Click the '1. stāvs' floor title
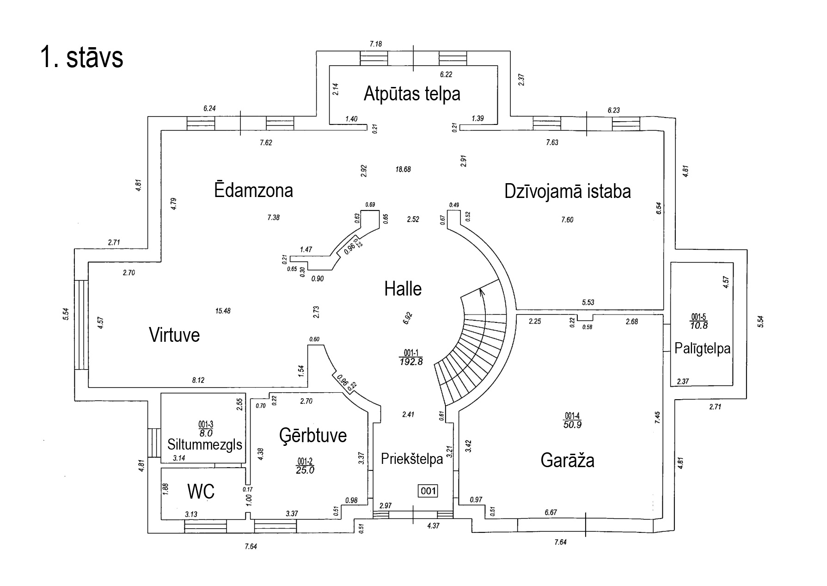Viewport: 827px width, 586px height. point(82,58)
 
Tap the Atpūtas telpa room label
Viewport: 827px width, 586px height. point(412,94)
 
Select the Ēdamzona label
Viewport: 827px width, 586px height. point(253,191)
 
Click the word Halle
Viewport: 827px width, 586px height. point(403,289)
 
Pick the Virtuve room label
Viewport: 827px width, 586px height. point(174,334)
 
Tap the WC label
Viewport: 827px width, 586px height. point(201,491)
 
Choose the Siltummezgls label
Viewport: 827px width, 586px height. point(205,444)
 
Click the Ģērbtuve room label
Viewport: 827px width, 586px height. point(313,435)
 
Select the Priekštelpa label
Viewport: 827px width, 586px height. point(412,459)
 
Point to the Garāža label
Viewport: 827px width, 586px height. point(567,461)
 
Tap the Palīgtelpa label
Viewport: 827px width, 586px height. point(702,348)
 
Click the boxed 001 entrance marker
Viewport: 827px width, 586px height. point(428,491)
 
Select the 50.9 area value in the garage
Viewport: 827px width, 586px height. point(572,424)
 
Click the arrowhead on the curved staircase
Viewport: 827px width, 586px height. point(482,291)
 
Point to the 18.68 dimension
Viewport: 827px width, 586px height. point(403,169)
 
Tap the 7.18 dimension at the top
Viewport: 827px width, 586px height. point(376,44)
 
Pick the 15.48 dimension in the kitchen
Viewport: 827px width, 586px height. point(223,311)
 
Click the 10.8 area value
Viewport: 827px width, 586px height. point(698,325)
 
